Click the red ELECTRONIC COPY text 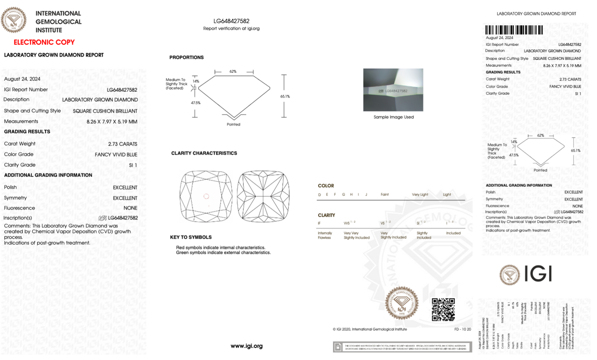click(x=44, y=42)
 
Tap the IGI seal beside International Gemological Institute click(x=14, y=19)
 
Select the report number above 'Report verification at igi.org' click(x=231, y=21)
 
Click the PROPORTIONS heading click(x=186, y=57)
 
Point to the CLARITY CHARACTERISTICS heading click(x=204, y=153)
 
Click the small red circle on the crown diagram click(x=206, y=196)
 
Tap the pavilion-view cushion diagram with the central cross click(x=263, y=196)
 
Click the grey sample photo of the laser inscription click(x=393, y=90)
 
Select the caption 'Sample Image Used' click(x=393, y=117)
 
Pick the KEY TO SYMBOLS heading click(x=191, y=237)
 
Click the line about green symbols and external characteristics click(x=223, y=253)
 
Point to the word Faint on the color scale click(x=385, y=195)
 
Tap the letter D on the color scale click(x=319, y=195)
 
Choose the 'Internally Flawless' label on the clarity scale click(x=325, y=235)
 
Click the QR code click(x=443, y=310)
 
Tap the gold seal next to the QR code click(x=402, y=303)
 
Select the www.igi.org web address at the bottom click(x=247, y=346)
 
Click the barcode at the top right click(x=514, y=30)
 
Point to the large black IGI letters click(x=538, y=274)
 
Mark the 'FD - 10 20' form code click(x=462, y=329)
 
